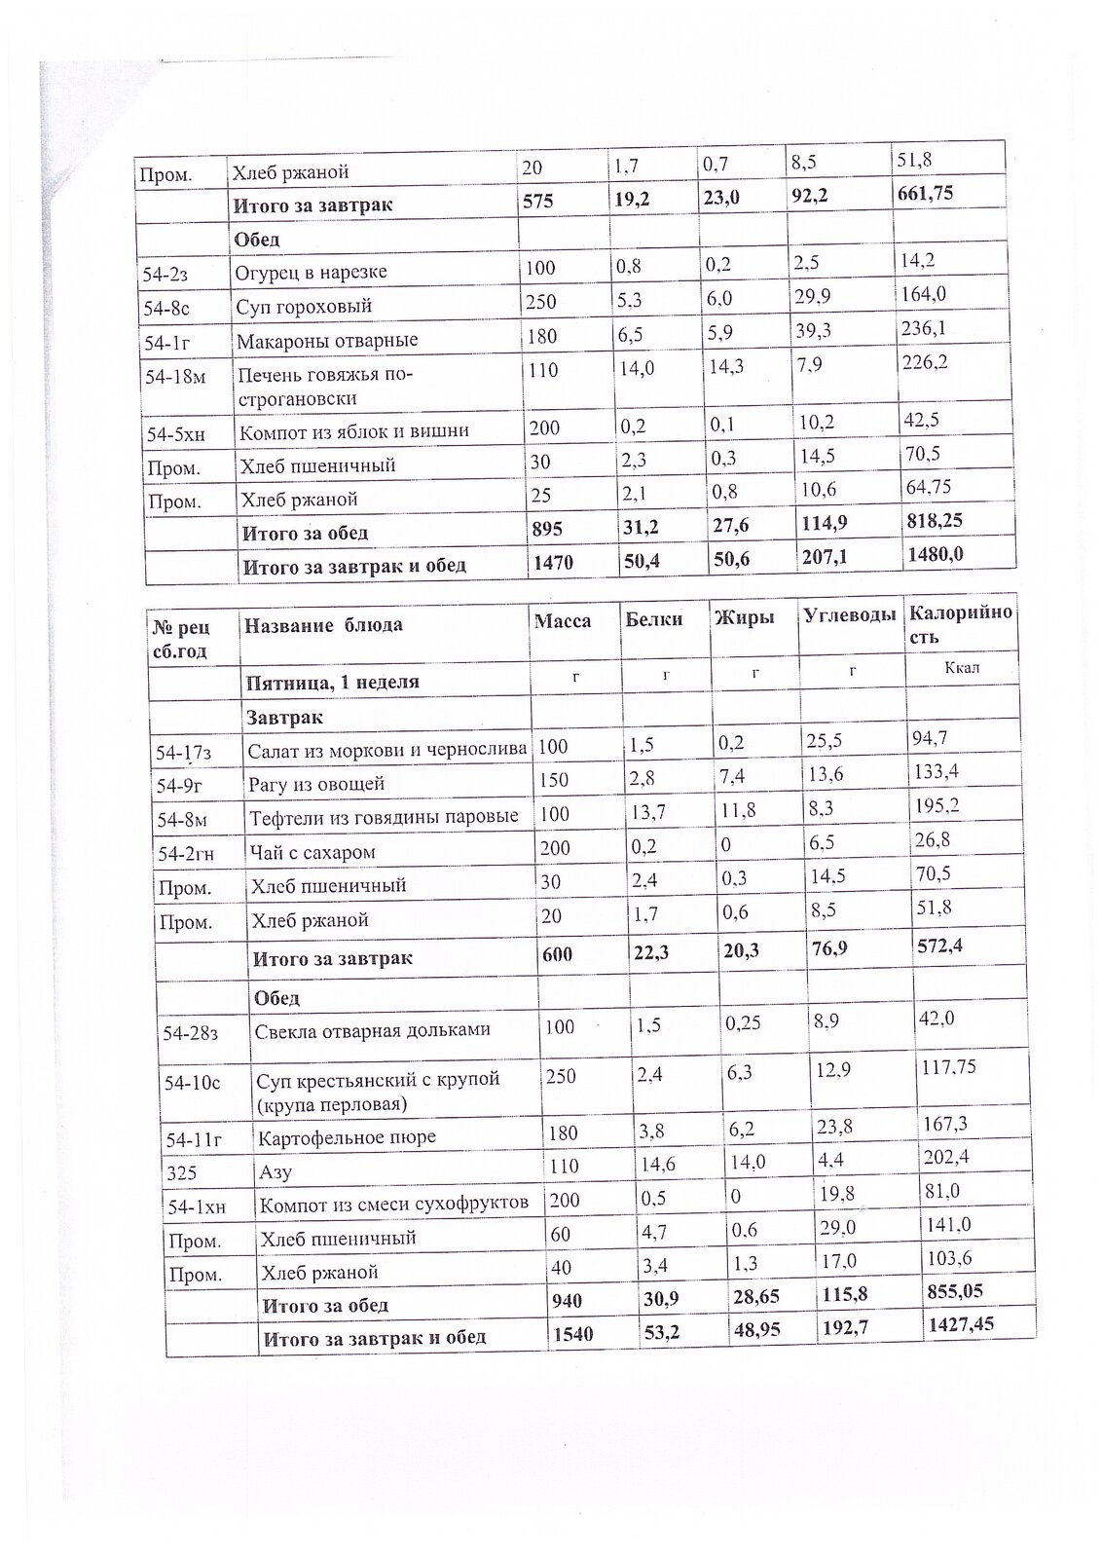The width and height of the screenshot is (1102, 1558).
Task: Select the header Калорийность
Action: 959,624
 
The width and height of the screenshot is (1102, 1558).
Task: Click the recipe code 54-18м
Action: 174,378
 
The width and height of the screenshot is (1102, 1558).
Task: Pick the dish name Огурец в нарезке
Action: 310,272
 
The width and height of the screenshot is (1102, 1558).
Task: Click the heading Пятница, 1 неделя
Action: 332,682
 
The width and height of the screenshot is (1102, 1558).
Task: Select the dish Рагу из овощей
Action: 316,783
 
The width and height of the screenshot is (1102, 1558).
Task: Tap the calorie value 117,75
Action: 948,1065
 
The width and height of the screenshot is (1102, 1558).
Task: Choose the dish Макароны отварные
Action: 326,341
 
